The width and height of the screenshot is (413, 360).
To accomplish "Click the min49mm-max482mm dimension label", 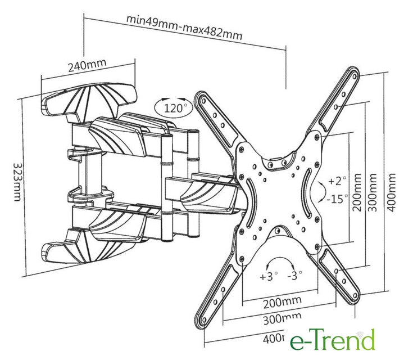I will pyautogui.click(x=184, y=26).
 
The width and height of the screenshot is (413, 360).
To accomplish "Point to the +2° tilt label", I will pyautogui.click(x=338, y=181).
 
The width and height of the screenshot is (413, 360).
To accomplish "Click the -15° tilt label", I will pyautogui.click(x=337, y=197).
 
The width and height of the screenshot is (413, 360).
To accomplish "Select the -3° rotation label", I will pyautogui.click(x=294, y=276).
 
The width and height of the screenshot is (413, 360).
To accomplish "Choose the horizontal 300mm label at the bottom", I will pyautogui.click(x=281, y=322).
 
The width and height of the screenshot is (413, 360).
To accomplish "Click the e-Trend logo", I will pyautogui.click(x=332, y=340).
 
